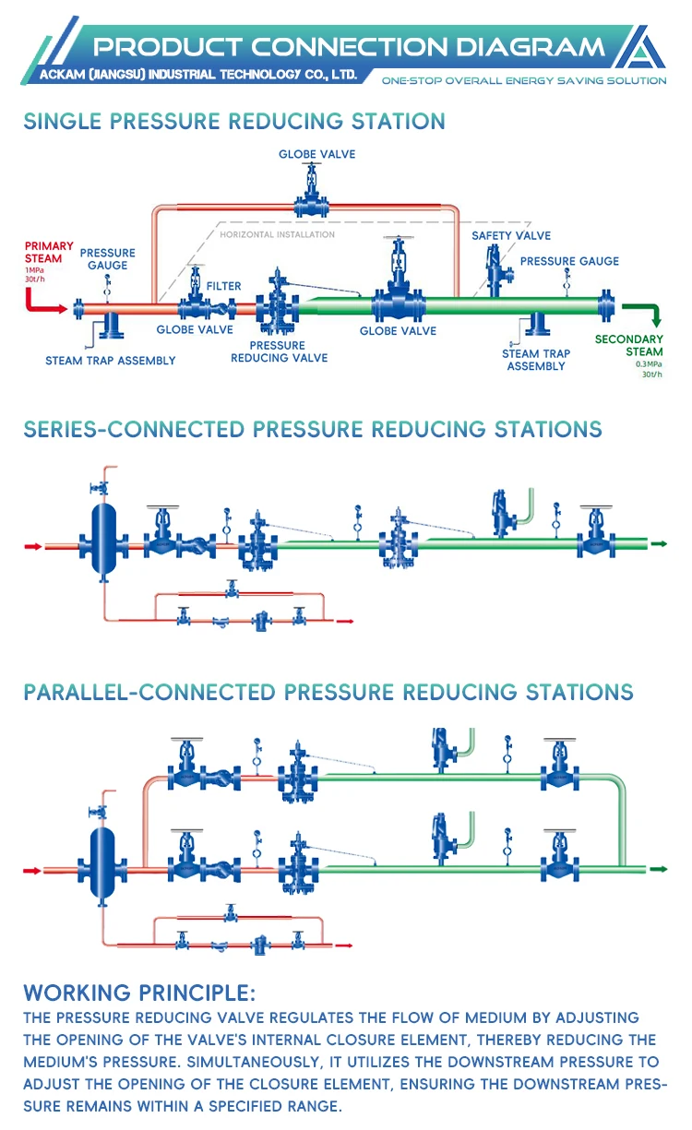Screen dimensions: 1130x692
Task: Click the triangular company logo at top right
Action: [x=646, y=47]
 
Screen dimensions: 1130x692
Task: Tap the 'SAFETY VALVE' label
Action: [x=511, y=236]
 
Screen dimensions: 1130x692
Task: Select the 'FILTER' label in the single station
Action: [x=224, y=286]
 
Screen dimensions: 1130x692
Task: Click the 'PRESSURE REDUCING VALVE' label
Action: [x=279, y=351]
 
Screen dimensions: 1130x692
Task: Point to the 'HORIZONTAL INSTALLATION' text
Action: [x=277, y=234]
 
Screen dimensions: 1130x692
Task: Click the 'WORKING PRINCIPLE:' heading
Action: [x=139, y=993]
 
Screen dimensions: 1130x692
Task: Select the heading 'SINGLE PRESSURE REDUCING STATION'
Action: [x=234, y=121]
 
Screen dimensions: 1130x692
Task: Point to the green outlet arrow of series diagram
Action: [x=659, y=544]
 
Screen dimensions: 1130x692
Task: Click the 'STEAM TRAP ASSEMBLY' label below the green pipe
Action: [x=536, y=360]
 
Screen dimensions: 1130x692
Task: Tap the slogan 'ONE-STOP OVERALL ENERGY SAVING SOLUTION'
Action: [x=524, y=80]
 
